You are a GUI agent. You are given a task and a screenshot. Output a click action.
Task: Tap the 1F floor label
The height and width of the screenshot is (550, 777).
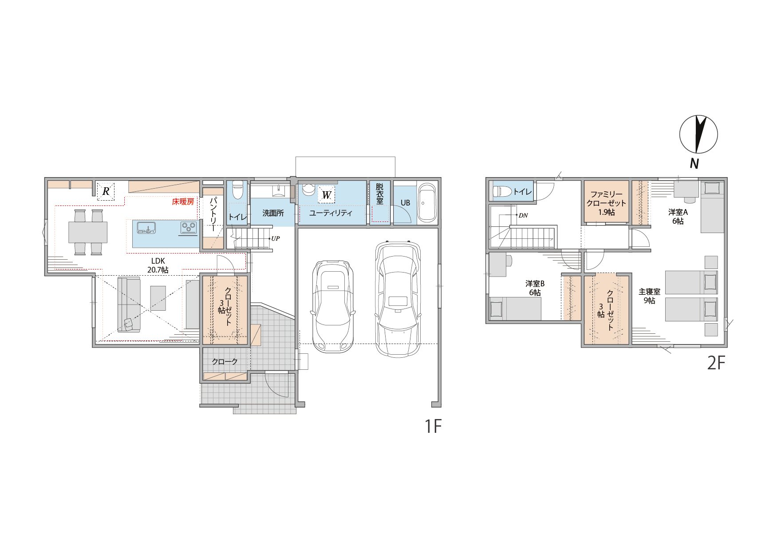click(433, 426)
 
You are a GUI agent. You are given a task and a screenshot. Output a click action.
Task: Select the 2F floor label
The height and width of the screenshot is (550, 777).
click(716, 363)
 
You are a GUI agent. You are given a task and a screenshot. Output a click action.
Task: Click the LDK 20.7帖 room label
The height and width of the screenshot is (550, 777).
click(158, 265)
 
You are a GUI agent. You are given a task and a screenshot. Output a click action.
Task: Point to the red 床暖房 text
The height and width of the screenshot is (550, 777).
click(183, 202)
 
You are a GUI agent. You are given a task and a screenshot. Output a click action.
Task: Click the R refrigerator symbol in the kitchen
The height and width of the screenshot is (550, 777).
click(106, 191)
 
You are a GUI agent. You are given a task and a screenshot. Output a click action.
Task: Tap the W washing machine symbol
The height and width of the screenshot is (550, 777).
click(326, 195)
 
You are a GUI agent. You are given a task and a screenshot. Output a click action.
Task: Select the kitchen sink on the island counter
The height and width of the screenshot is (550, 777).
click(146, 228)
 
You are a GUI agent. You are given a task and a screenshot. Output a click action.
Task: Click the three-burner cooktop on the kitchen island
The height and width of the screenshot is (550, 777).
click(188, 228)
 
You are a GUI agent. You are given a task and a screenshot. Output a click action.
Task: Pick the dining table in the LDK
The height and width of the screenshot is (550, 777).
click(88, 232)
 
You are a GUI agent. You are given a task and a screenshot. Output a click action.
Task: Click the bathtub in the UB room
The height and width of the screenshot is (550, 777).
click(427, 203)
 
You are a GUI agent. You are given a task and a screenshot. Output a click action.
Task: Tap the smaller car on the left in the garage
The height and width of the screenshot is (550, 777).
click(333, 306)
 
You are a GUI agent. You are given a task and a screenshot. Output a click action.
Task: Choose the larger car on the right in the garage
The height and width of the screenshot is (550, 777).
click(398, 299)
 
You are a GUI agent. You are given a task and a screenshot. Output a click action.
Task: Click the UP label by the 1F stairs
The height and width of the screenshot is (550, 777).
click(275, 238)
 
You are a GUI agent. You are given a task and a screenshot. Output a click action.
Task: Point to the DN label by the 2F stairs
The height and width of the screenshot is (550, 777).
click(523, 215)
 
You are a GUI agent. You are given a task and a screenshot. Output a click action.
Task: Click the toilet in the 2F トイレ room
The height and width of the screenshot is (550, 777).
click(502, 191)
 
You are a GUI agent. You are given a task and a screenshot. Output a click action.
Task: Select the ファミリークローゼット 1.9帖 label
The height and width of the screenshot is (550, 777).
click(606, 203)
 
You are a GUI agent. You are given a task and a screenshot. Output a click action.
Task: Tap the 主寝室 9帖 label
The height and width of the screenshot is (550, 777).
click(649, 296)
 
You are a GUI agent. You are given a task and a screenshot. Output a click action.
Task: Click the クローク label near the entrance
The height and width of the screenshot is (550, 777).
click(225, 362)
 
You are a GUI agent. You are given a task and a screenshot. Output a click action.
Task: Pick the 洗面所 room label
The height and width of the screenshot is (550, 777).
click(273, 213)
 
